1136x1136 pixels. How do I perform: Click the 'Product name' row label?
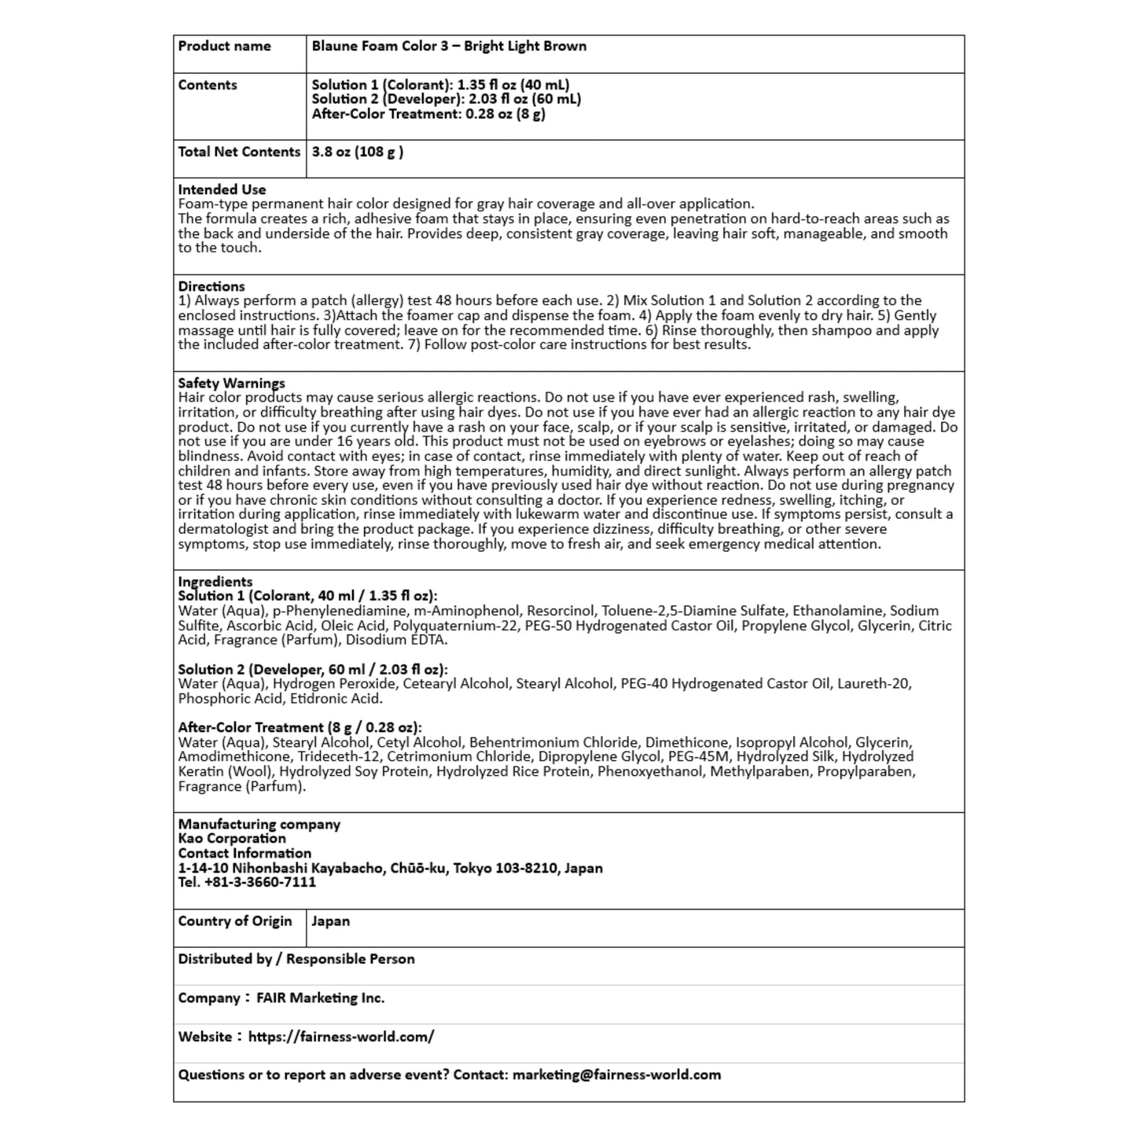tap(224, 46)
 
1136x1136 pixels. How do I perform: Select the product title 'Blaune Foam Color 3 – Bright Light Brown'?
tap(449, 46)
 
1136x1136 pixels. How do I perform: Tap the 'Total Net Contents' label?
tap(239, 152)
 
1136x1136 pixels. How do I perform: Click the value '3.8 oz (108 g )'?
tap(358, 152)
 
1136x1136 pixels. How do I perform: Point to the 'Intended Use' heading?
tap(222, 189)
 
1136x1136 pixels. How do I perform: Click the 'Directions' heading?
tap(211, 286)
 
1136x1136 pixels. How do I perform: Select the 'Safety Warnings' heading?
tap(231, 384)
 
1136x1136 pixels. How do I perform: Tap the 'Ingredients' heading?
tap(215, 582)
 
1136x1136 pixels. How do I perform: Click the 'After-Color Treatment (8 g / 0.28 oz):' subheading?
tap(300, 728)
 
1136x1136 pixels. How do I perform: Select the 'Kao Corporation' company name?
tap(232, 839)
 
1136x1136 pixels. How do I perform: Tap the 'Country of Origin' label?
tap(235, 921)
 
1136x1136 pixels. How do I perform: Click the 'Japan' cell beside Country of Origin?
tap(331, 921)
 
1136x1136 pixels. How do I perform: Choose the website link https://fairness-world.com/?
tap(341, 1037)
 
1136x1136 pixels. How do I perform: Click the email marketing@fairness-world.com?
tap(616, 1075)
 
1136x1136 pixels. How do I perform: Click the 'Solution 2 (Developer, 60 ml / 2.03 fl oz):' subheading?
tap(313, 670)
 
